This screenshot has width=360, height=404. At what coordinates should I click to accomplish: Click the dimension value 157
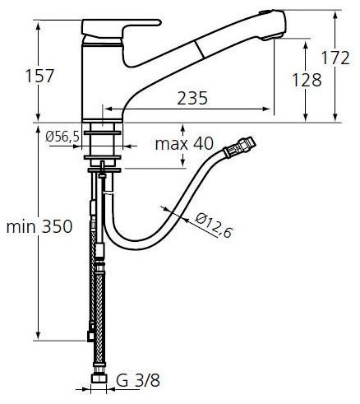click(39, 77)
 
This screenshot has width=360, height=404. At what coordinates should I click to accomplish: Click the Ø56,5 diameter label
click(62, 137)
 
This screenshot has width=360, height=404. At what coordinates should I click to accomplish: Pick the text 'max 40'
click(185, 144)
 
